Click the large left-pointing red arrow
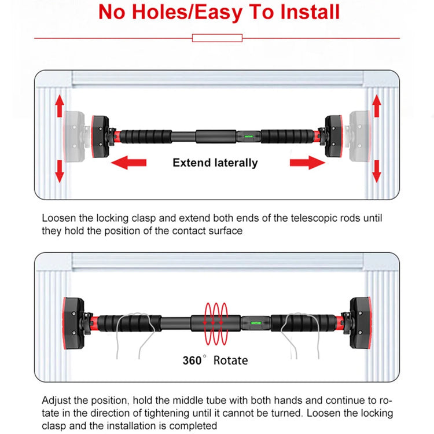pyautogui.click(x=128, y=163)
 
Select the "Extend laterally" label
pyautogui.click(x=215, y=163)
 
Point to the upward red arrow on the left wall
pyautogui.click(x=59, y=106)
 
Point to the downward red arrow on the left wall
pyautogui.click(x=59, y=171)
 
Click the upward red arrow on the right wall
pyautogui.click(x=377, y=106)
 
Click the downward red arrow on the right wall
pyautogui.click(x=377, y=171)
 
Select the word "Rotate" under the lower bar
pyautogui.click(x=230, y=360)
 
